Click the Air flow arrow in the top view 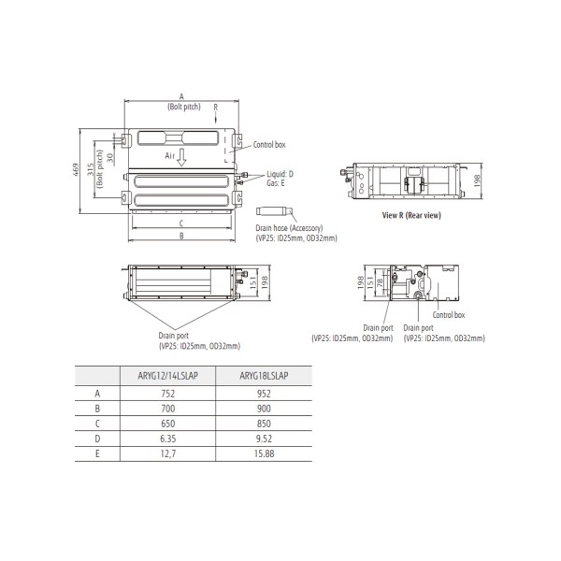181,157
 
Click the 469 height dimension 76,170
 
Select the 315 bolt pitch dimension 91,169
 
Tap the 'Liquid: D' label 280,174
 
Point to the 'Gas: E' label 276,183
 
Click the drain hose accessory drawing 274,210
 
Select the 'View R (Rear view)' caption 411,215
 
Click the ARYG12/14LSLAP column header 167,376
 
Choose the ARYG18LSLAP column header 264,376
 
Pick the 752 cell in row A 167,394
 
